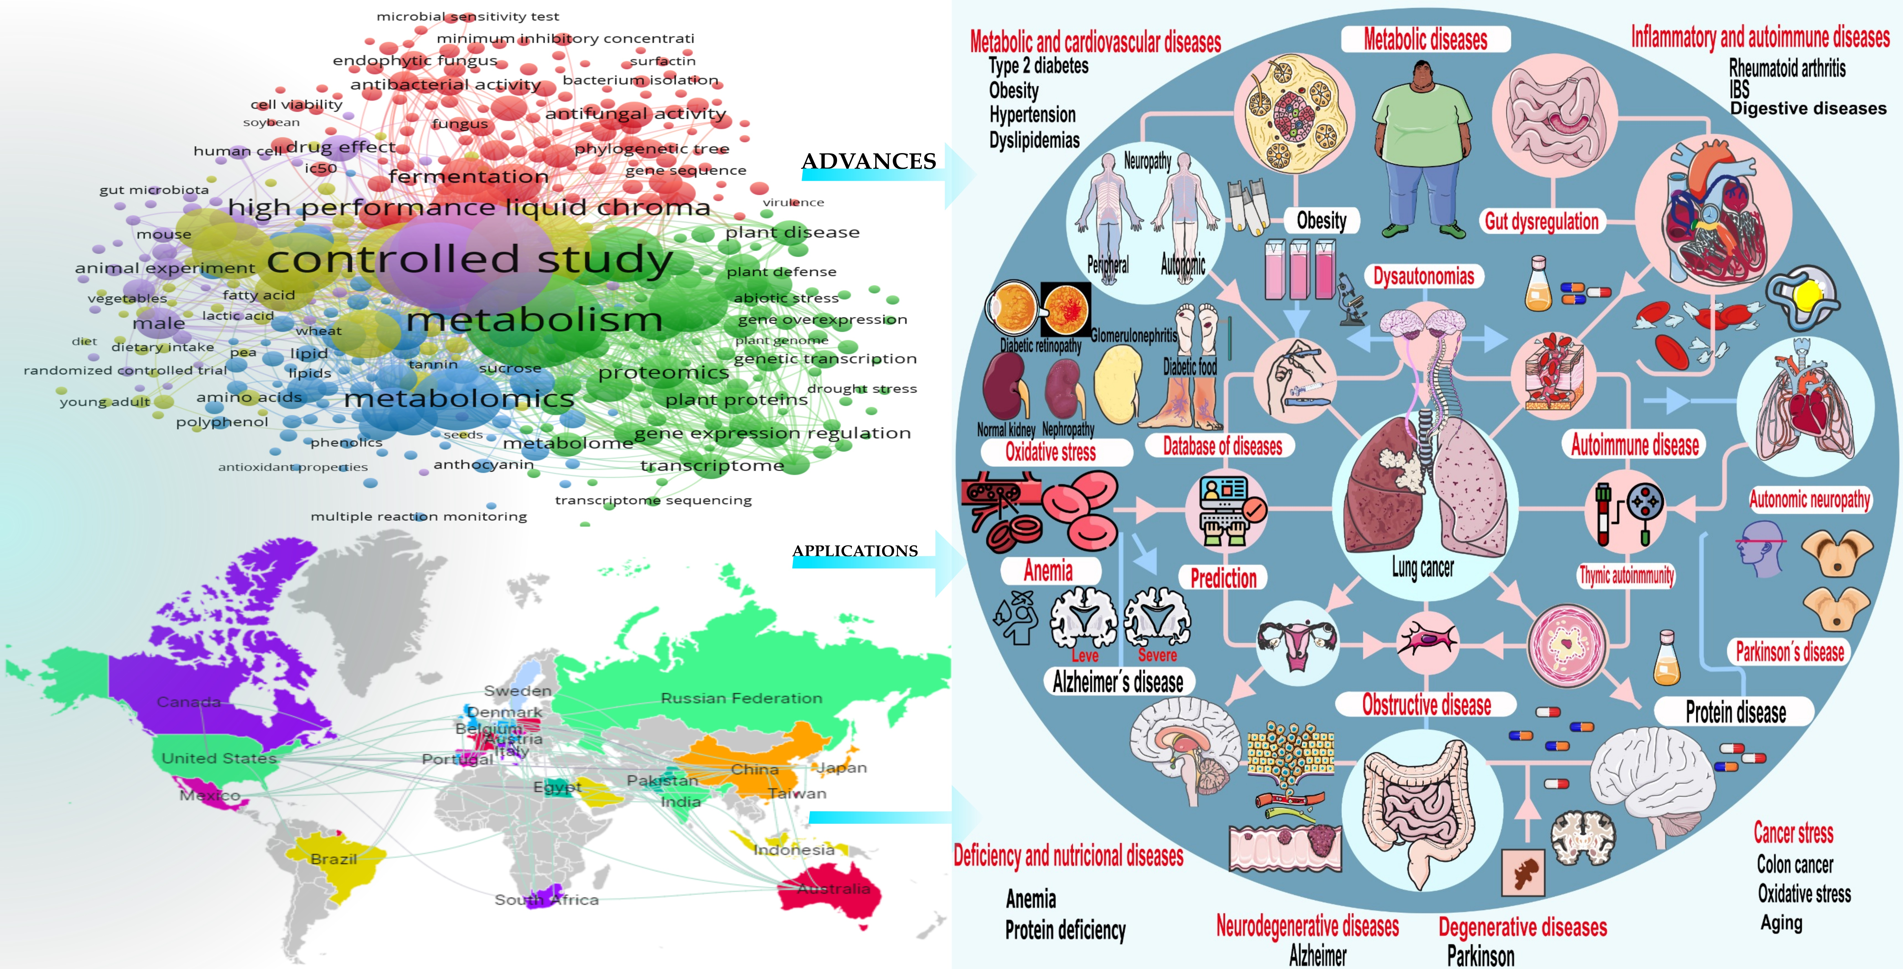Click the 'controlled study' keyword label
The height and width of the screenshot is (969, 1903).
coord(470,259)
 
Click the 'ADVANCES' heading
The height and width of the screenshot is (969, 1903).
coord(869,161)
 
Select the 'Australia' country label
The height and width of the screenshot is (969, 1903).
coord(833,888)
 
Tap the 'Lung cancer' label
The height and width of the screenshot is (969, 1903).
coord(1423,568)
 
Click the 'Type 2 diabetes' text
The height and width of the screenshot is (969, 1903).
coord(1039,66)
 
